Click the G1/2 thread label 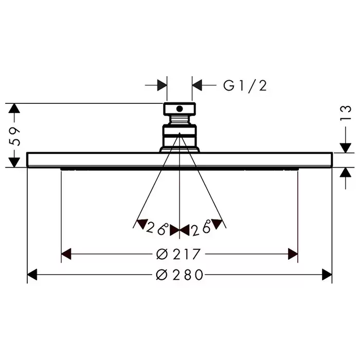coord(245,86)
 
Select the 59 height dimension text coord(14,136)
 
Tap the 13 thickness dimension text coord(346,113)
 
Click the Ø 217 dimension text coord(178,254)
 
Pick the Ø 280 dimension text coord(179,275)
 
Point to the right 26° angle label coord(202,228)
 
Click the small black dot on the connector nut coord(179,109)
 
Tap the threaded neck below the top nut coord(179,120)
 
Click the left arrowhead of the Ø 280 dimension coord(32,275)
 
